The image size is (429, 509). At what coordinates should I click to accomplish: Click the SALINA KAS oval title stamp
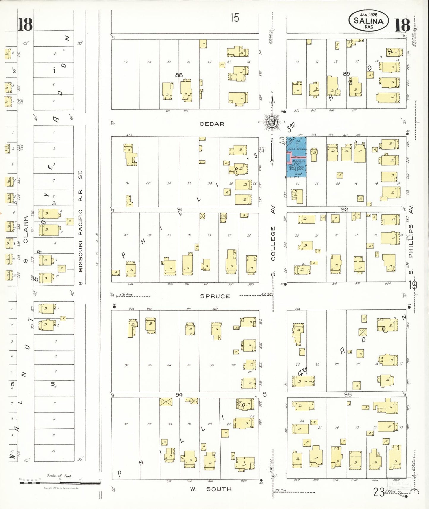[368, 21]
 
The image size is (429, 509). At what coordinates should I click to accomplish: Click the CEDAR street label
[212, 124]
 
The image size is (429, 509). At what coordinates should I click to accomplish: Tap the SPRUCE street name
[215, 296]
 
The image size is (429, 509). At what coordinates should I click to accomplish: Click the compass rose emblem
[272, 122]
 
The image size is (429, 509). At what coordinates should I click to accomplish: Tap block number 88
[179, 75]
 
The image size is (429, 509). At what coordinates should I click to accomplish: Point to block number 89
[346, 74]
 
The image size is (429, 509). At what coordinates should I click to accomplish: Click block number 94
[179, 394]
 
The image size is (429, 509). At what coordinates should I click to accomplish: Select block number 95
[348, 394]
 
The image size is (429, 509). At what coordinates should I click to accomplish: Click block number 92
[344, 209]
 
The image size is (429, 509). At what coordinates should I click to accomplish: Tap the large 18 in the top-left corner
[25, 25]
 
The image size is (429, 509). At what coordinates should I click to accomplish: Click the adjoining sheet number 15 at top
[235, 18]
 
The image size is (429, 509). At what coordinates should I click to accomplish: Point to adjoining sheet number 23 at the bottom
[379, 492]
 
